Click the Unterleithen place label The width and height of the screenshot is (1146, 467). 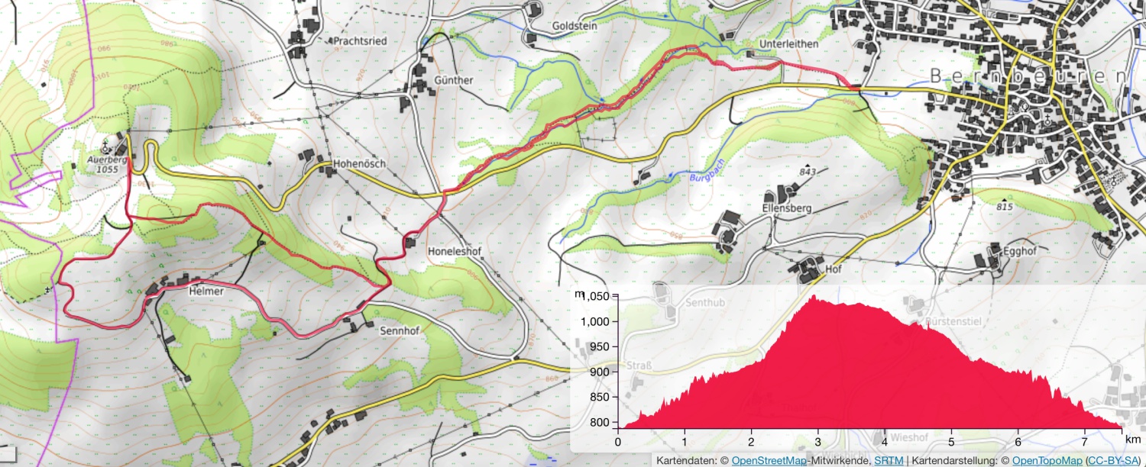coord(788,44)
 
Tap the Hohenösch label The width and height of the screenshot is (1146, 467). coord(359,164)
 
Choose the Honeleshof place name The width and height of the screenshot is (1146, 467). coord(455,250)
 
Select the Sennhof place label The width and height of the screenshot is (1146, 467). coord(400,332)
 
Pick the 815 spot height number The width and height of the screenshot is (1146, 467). coord(1005,208)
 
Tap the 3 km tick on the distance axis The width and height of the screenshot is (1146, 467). coord(818,442)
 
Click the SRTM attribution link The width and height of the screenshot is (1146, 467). coord(887,460)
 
